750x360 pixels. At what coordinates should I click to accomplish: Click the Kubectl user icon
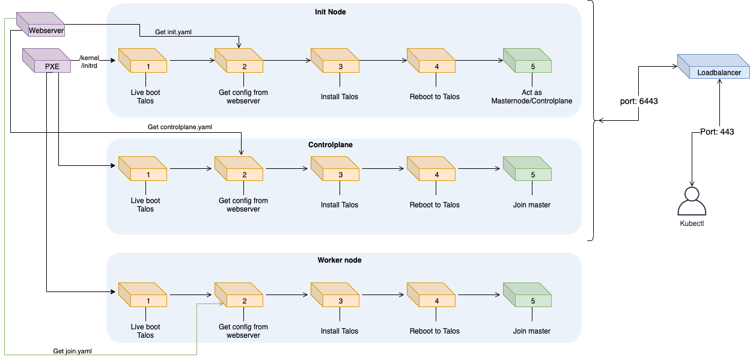692,201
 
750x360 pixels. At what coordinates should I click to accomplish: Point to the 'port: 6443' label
638,101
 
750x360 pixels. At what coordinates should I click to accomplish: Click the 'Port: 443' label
717,132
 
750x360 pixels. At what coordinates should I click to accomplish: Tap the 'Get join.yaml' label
73,351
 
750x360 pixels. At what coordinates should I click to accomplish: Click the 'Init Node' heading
330,12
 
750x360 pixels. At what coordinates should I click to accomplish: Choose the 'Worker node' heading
340,260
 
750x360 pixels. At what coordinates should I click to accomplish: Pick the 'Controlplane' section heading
330,145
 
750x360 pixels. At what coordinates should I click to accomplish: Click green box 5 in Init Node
527,63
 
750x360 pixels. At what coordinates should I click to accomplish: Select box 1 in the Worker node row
142,297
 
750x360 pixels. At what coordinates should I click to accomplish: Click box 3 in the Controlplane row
335,171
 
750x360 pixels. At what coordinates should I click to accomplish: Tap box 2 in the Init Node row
239,63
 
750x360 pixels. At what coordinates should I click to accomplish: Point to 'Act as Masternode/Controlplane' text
531,97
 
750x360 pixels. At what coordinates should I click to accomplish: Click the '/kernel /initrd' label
90,62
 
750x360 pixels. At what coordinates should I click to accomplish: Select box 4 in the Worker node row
431,297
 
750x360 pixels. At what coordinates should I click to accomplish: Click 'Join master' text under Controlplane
531,205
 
